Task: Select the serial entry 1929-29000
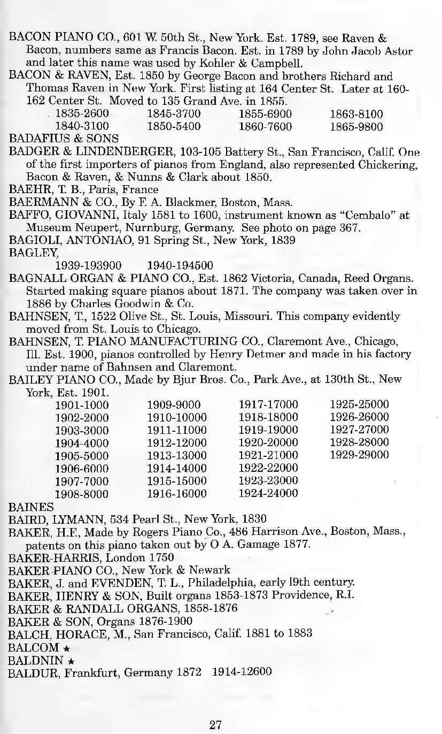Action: pos(359,455)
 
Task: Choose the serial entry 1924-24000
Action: pos(268,493)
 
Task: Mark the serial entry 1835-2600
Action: pos(82,113)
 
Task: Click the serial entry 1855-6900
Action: pos(265,113)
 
